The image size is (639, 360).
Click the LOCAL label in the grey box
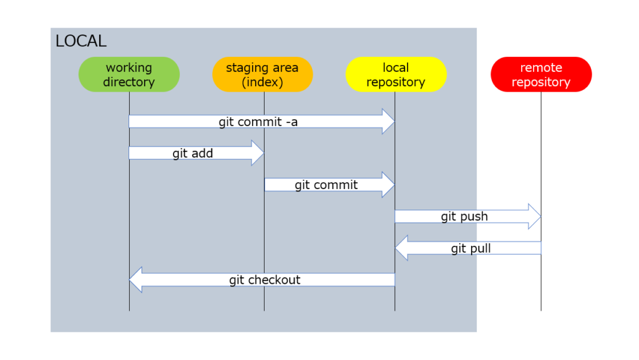(x=81, y=41)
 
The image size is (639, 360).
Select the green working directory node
(x=129, y=74)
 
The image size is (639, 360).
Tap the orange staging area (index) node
(x=262, y=74)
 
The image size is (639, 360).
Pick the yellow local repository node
(x=396, y=74)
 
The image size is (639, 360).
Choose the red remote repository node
(x=541, y=74)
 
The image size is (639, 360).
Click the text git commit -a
(x=258, y=122)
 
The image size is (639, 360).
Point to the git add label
(x=193, y=153)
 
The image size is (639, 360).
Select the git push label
(x=464, y=216)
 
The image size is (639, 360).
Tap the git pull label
(x=471, y=248)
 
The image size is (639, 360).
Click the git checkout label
(x=265, y=280)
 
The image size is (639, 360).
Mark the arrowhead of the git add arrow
(x=257, y=153)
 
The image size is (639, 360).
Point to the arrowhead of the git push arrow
(x=534, y=216)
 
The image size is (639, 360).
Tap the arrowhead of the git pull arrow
(x=402, y=248)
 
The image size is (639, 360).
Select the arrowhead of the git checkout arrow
(x=136, y=280)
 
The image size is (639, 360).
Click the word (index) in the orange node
(x=262, y=82)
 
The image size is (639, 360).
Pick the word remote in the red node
(x=541, y=67)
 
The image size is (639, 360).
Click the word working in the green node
(x=129, y=67)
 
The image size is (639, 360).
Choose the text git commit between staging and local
(x=326, y=185)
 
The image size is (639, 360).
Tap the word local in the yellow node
(x=396, y=67)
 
